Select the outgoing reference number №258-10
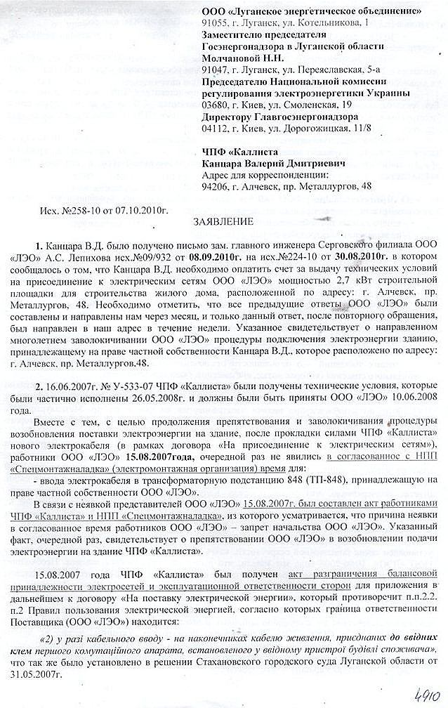[84, 209]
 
